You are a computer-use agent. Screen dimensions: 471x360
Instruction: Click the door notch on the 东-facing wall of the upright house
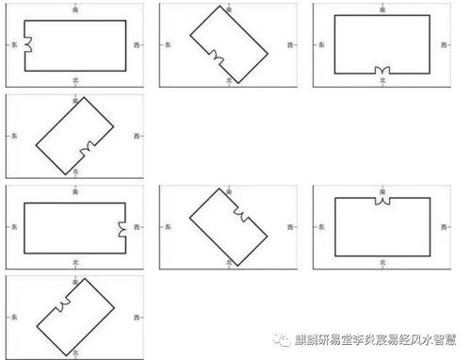pos(26,44)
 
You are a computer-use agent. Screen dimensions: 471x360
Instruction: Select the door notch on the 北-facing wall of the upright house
pos(382,72)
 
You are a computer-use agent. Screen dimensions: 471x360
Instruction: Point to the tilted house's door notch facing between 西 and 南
pos(240,217)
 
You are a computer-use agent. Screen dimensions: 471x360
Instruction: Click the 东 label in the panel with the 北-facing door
pos(322,44)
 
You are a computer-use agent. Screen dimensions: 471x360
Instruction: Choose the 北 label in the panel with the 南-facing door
pos(382,263)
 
